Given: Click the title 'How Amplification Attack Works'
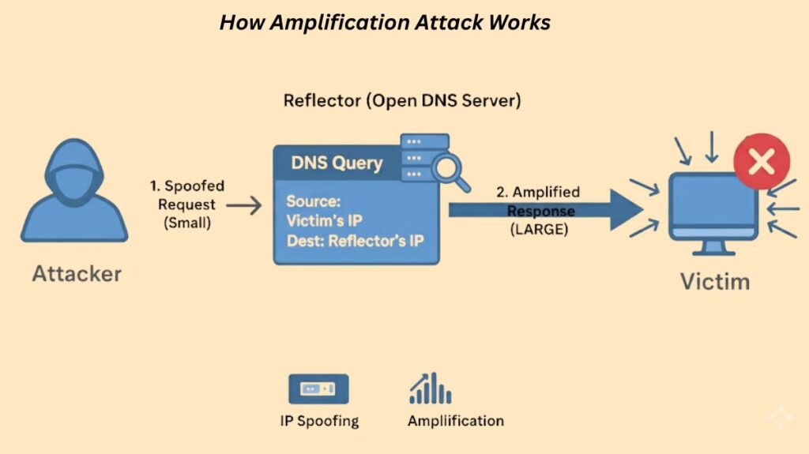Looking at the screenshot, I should click(385, 23).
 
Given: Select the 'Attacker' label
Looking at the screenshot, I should click(77, 274).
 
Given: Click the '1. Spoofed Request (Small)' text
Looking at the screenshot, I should click(187, 204).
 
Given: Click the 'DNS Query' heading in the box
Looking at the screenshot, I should click(337, 163).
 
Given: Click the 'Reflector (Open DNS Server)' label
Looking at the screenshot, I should click(402, 102).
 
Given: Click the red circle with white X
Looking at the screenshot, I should click(762, 163).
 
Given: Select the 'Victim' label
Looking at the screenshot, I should click(717, 282).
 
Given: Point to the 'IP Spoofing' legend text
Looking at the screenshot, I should click(319, 420).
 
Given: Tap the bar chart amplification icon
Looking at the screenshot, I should click(430, 388).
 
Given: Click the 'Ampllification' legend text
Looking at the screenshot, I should click(455, 420).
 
